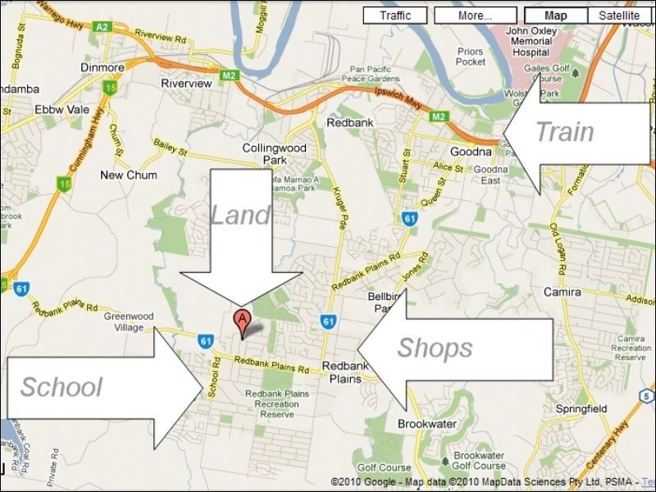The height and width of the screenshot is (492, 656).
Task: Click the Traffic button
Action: coord(395,16)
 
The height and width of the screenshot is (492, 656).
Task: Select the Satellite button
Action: coord(619,16)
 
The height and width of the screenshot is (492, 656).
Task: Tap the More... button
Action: coord(476,16)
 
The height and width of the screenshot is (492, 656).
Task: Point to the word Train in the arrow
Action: coord(564,131)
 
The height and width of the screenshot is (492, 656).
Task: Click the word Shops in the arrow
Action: coord(435,348)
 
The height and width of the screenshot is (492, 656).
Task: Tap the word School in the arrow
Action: coord(61,387)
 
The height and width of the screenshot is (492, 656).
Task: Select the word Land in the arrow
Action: coord(240,215)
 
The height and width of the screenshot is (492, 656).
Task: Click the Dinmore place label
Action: coord(102,67)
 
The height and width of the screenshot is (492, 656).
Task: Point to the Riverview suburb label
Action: coord(186,84)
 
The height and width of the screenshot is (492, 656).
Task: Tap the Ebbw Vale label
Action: coord(56,109)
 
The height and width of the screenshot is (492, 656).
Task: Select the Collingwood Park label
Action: coord(274,154)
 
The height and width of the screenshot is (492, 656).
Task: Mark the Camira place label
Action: coord(563,292)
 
